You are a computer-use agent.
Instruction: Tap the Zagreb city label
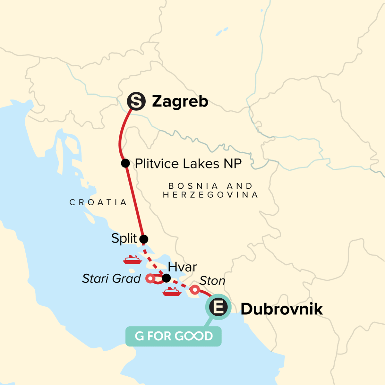180,102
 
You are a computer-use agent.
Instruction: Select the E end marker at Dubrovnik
218,307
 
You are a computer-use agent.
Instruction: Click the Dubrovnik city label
282,309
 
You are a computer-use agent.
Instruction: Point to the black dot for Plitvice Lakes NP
125,163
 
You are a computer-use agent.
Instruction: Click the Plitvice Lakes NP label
188,164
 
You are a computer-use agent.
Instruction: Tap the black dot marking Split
144,239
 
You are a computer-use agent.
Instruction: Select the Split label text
124,239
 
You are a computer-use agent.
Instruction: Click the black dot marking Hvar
166,278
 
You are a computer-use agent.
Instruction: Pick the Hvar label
182,267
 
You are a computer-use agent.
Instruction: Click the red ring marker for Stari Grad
150,278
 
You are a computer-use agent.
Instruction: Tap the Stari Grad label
111,278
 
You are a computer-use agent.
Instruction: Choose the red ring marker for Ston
195,290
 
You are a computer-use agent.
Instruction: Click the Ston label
212,281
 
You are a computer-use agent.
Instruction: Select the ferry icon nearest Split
133,260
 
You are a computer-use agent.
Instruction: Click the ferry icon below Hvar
172,291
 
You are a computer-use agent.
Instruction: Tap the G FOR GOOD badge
173,336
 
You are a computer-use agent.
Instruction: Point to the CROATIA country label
98,202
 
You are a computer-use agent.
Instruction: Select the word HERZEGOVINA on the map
210,195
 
